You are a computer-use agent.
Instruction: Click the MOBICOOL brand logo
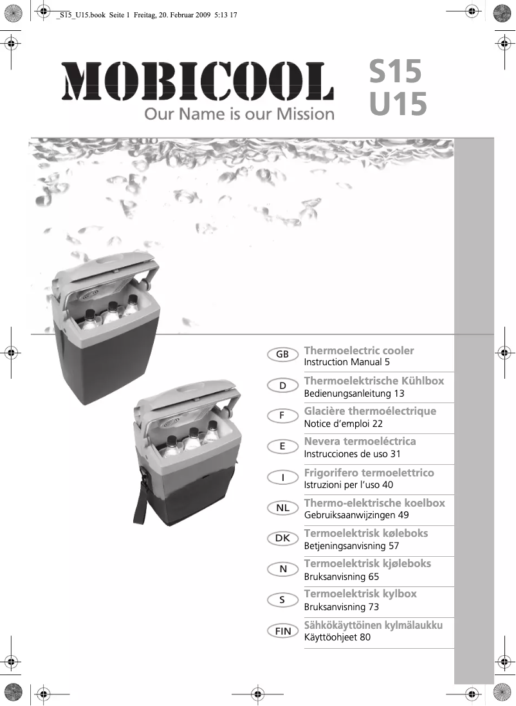coord(198,82)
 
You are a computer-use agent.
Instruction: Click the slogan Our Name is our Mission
coord(239,115)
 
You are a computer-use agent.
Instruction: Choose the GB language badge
coord(282,355)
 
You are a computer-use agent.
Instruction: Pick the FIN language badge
coord(282,631)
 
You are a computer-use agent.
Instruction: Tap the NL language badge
coord(282,509)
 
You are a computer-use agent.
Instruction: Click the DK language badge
coord(282,539)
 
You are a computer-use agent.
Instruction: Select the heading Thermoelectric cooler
coord(358,350)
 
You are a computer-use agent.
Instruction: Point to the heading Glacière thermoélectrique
coord(369,411)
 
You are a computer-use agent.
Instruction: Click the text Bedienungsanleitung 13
coord(354,393)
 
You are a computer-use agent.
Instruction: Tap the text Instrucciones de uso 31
coord(352,454)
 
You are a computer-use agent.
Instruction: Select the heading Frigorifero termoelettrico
coord(369,473)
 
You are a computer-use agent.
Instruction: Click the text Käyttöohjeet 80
coord(337,637)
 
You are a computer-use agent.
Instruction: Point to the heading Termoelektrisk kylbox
coord(360,593)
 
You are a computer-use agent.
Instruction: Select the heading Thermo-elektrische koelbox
coord(374,503)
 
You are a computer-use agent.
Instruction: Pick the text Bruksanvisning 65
coord(341,577)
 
